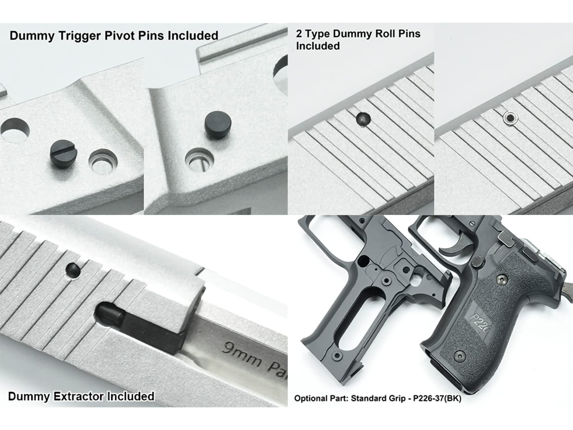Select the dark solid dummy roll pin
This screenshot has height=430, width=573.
tap(363, 119)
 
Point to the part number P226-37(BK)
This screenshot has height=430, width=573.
tap(437, 398)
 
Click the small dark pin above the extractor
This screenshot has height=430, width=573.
tap(72, 269)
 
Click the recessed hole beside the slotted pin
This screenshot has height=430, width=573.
tap(103, 162)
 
